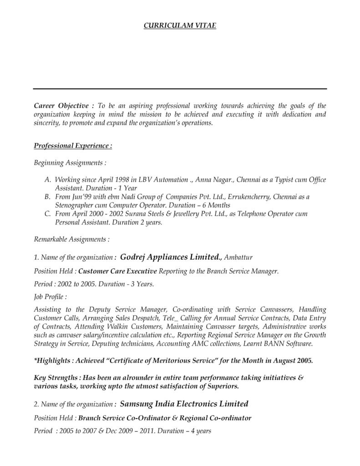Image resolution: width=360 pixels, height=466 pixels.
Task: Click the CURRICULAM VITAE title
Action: coord(180,26)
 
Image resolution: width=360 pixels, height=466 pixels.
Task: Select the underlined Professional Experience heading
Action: coord(73,146)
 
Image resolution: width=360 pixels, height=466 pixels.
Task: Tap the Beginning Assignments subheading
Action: coord(70,162)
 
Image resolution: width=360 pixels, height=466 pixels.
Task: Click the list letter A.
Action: coord(47,180)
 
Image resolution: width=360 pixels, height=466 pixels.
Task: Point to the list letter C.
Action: coord(47,214)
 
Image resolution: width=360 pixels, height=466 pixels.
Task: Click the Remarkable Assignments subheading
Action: coord(71,239)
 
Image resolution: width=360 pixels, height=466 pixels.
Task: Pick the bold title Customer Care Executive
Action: coord(117,271)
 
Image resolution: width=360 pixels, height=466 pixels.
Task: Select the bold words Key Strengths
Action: coord(55,378)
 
